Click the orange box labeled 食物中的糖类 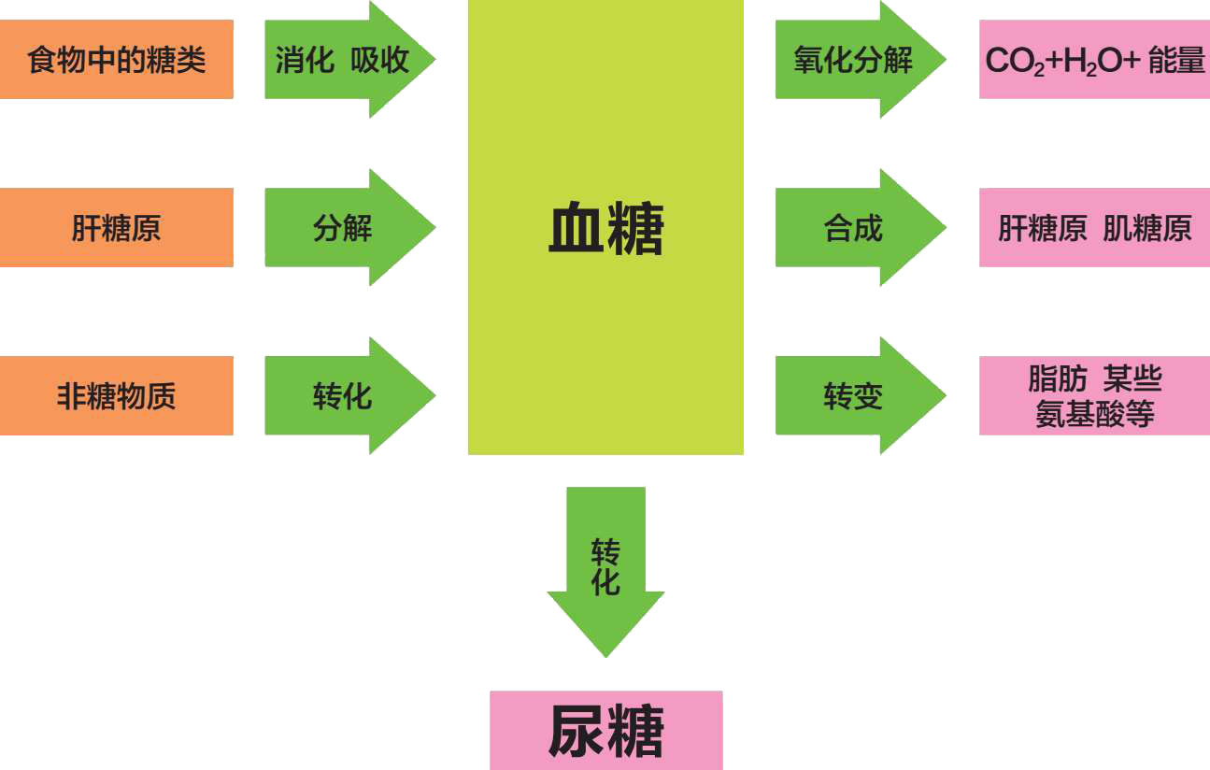pyautogui.click(x=116, y=60)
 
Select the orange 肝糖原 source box pyautogui.click(x=116, y=228)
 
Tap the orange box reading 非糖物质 pyautogui.click(x=116, y=396)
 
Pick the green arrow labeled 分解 pyautogui.click(x=343, y=228)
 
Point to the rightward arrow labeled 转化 pyautogui.click(x=343, y=396)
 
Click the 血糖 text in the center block pyautogui.click(x=605, y=230)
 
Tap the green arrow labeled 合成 pyautogui.click(x=853, y=228)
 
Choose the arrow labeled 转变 pyautogui.click(x=853, y=396)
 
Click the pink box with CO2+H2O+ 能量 pyautogui.click(x=1094, y=60)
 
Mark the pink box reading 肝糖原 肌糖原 pyautogui.click(x=1094, y=228)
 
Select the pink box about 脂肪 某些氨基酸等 pyautogui.click(x=1094, y=396)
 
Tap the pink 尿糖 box pyautogui.click(x=605, y=731)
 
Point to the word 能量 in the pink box pyautogui.click(x=1176, y=61)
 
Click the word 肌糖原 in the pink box pyautogui.click(x=1147, y=228)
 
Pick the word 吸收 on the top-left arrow pyautogui.click(x=380, y=61)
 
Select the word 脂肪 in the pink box pyautogui.click(x=1057, y=379)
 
